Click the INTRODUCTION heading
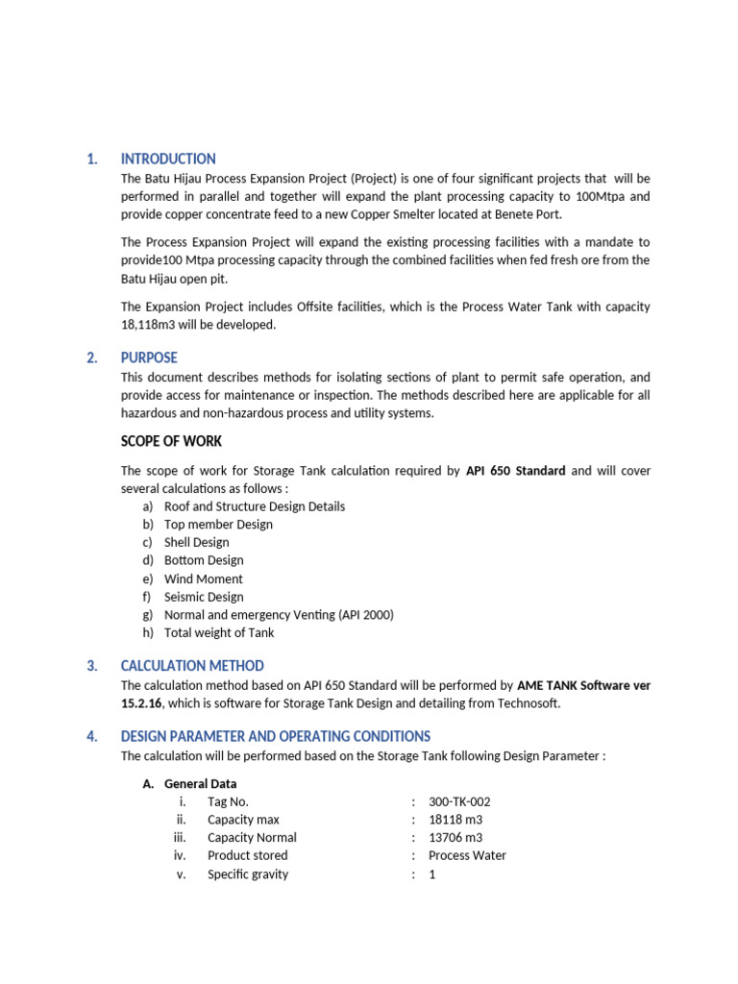click(x=168, y=160)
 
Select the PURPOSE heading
click(x=149, y=358)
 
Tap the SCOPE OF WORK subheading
click(x=171, y=441)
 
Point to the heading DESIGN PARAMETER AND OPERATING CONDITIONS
click(x=275, y=736)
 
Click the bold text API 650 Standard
click(x=515, y=471)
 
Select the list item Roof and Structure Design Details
click(x=254, y=506)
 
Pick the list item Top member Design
click(x=218, y=525)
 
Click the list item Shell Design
click(x=196, y=543)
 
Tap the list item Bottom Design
click(x=204, y=560)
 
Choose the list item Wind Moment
click(x=203, y=579)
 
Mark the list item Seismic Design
click(x=204, y=597)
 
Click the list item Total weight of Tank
click(x=219, y=633)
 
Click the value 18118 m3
click(x=455, y=820)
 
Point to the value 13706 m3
click(x=455, y=838)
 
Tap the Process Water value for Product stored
click(x=467, y=855)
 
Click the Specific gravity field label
click(x=247, y=874)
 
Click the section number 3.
click(x=92, y=666)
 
